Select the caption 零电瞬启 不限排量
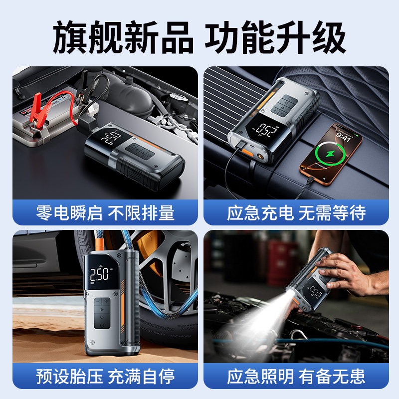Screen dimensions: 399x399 pyautogui.click(x=105, y=213)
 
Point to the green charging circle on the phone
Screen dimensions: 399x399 pyautogui.click(x=328, y=154)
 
